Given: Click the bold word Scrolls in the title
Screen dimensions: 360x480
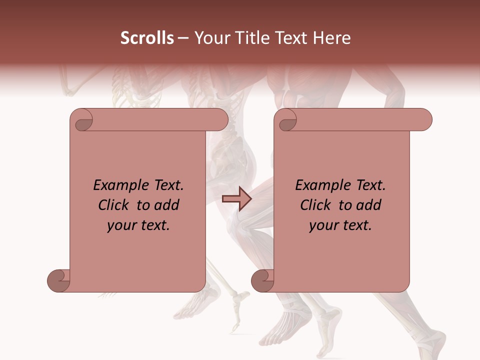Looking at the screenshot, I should [x=147, y=38].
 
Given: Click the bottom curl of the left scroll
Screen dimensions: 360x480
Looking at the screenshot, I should [x=58, y=281].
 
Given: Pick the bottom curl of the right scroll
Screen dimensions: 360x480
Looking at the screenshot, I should [x=262, y=281].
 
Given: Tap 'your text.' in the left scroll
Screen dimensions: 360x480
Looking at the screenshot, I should [x=138, y=225].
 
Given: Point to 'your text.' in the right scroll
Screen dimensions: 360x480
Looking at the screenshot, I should [x=340, y=225].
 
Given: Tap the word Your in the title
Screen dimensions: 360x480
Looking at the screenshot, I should [x=210, y=38].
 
